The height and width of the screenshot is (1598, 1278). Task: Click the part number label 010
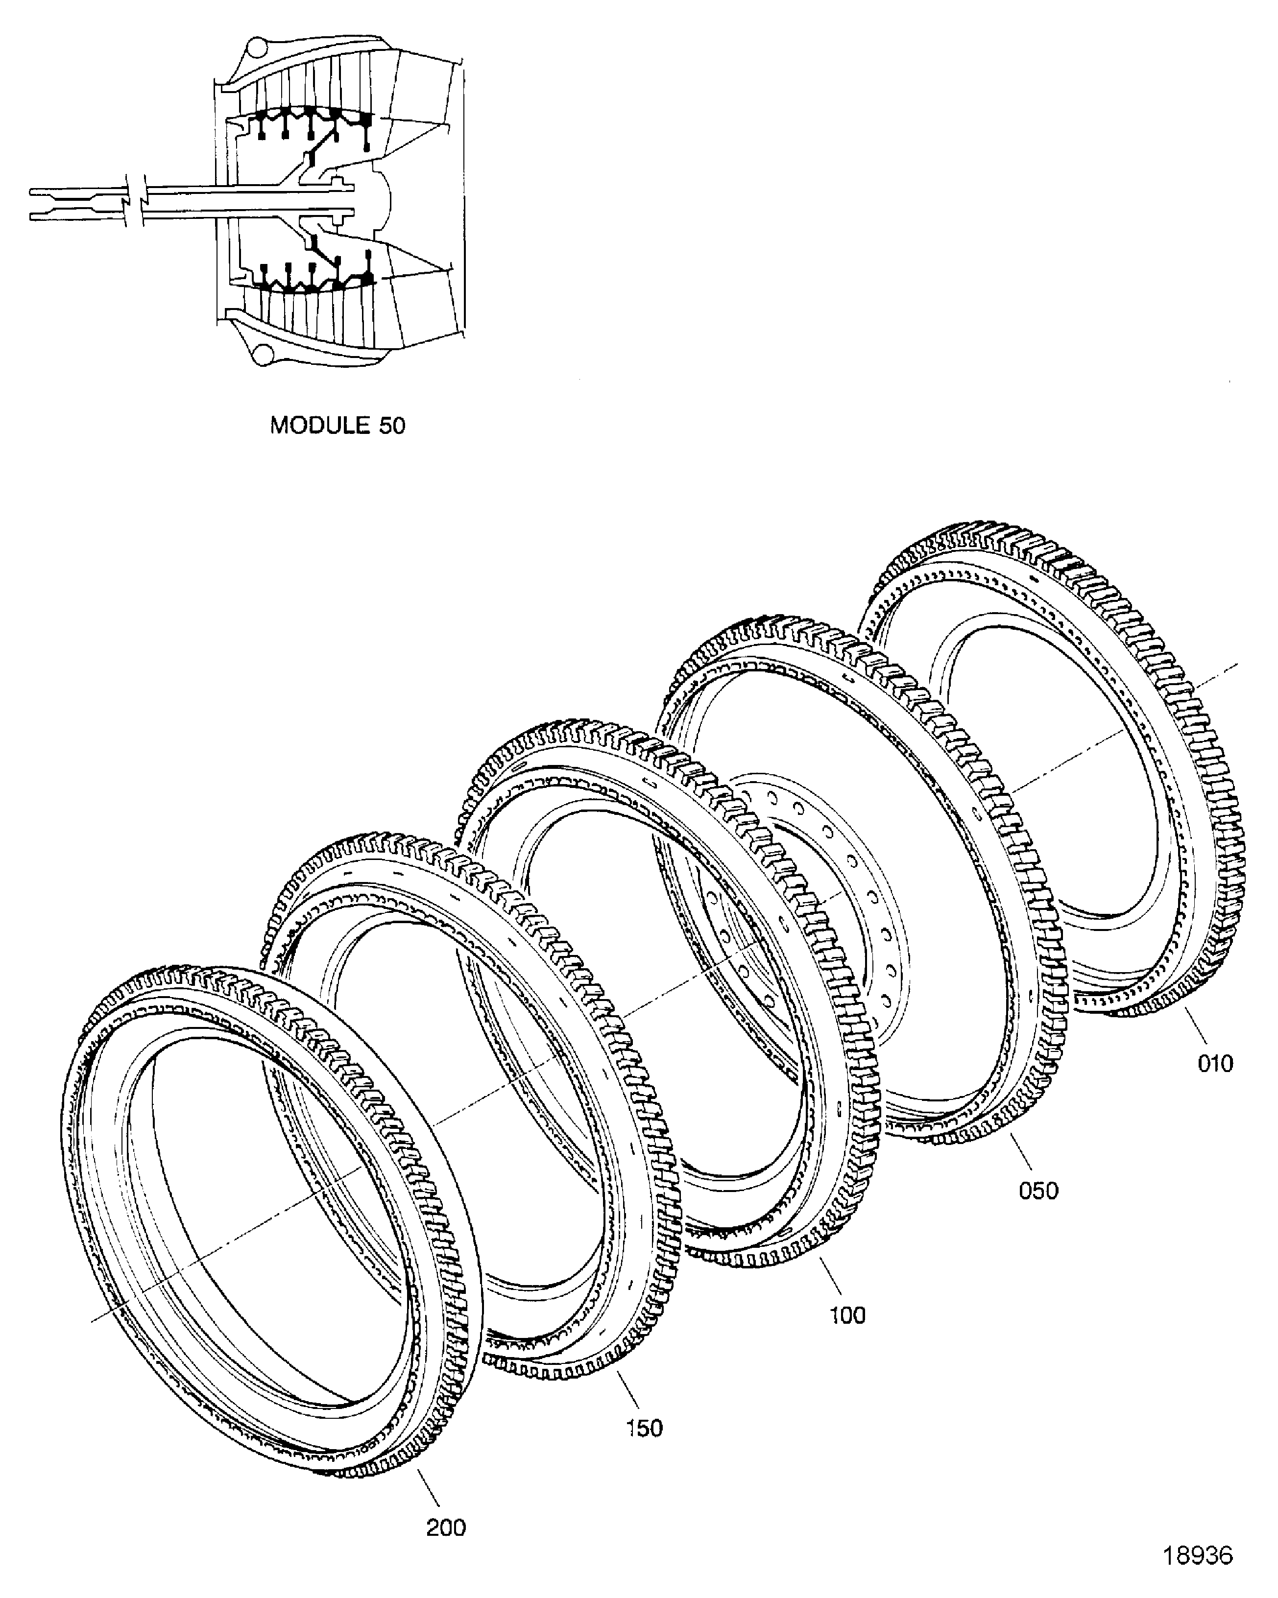click(x=1215, y=1064)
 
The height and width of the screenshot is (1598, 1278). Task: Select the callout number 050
click(x=1038, y=1191)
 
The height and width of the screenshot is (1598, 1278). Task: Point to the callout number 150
click(x=644, y=1428)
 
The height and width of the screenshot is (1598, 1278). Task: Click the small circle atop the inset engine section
click(x=256, y=48)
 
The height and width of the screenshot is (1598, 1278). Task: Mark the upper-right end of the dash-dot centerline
click(x=1236, y=665)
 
